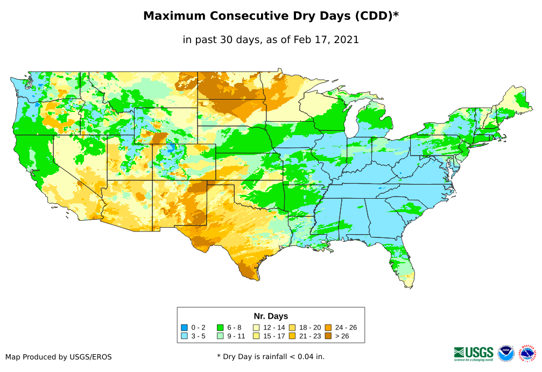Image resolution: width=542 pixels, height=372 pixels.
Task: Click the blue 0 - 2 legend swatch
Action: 184,327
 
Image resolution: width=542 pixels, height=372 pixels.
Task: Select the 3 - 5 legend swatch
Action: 184,336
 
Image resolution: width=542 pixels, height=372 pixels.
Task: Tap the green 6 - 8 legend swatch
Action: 220,327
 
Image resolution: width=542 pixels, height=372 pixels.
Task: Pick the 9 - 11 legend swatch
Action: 220,336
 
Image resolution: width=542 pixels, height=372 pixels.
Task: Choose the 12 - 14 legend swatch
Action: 256,327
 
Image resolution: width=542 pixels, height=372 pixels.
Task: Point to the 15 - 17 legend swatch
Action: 256,336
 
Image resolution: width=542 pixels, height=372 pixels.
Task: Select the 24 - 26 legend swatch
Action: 328,327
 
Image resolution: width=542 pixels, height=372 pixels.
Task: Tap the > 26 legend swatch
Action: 328,336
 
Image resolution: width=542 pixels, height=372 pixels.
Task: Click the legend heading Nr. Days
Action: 271,316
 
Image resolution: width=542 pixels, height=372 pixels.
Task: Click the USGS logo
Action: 474,353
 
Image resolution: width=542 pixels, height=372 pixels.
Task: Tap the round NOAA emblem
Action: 506,353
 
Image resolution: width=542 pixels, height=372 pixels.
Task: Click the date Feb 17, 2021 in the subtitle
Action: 326,40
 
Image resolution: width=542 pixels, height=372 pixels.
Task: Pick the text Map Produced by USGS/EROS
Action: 59,357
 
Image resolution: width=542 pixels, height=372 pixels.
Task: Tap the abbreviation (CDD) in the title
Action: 375,16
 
